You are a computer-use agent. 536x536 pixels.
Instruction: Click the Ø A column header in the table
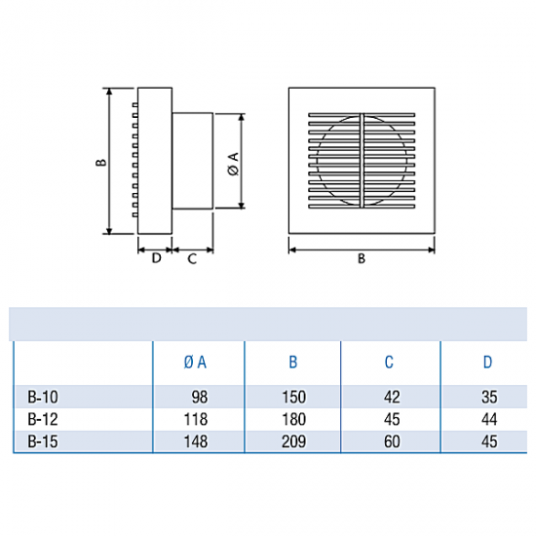195,363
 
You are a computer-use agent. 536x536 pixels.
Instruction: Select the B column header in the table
293,363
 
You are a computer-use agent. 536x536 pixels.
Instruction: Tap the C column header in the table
389,363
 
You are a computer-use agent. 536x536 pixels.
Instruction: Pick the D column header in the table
488,363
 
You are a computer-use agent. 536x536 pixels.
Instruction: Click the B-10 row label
43,398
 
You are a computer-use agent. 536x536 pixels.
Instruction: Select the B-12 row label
43,419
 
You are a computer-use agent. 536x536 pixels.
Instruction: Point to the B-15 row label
43,441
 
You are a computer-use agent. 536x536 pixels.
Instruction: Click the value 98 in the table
200,398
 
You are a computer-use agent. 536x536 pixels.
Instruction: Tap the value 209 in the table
293,441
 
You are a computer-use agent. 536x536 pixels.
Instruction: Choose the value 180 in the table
293,419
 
